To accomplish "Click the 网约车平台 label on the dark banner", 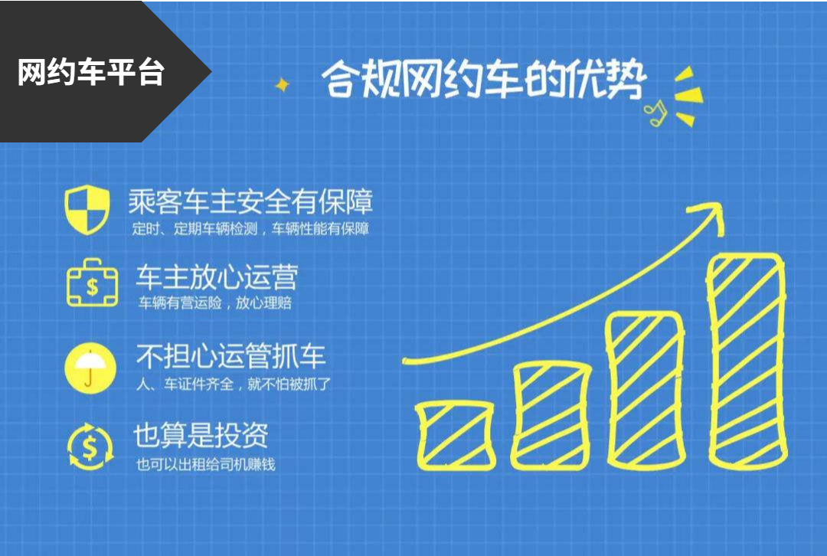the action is coord(91,72).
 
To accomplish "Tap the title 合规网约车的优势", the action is coord(484,80).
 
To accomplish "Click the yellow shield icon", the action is coord(87,209).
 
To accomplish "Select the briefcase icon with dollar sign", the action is coord(93,283).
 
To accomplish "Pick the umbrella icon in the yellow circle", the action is coord(90,368).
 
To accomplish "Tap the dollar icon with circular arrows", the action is coord(90,446).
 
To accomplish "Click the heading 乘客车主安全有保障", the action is coord(250,201).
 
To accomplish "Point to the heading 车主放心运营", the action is coord(217,277).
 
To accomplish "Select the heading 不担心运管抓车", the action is coord(231,356).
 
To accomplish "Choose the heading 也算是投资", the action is coord(201,435).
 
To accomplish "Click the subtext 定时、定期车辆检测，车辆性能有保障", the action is coord(250,229).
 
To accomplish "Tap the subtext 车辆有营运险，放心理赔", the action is coord(214,303).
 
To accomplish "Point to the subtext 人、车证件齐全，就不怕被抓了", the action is coord(233,384).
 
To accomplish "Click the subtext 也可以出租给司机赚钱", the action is coord(206,464).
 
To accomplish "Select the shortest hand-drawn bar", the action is coord(456,436).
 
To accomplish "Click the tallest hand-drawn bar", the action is coord(747,361).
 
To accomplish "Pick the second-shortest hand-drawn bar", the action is coord(551,416).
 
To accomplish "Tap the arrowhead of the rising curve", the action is coord(709,216).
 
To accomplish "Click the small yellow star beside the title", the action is coord(282,84).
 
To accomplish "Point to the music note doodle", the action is coord(655,113).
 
